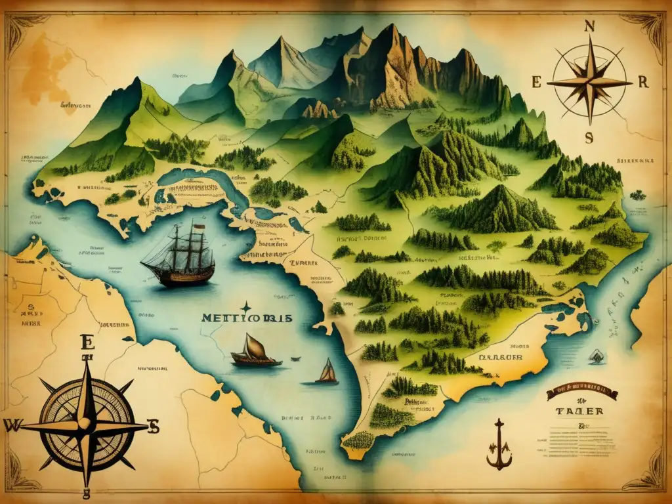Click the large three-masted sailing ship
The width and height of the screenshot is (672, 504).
(x=178, y=257)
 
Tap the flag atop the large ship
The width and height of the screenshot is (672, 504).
(x=193, y=223)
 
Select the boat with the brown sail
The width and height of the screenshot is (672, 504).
(x=255, y=350)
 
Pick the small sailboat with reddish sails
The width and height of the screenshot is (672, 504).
(x=327, y=372)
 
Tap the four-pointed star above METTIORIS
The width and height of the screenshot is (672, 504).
(x=246, y=306)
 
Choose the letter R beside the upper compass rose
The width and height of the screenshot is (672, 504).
(x=643, y=82)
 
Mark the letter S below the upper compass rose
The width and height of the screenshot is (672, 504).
(x=589, y=137)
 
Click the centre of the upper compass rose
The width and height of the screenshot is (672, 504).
(x=589, y=83)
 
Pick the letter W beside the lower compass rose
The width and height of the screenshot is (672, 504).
(x=12, y=425)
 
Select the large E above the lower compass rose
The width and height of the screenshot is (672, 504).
(x=86, y=342)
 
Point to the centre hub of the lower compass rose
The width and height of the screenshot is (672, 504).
(x=86, y=425)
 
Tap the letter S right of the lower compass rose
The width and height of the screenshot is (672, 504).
(x=154, y=427)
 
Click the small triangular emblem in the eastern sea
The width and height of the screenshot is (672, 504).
(x=597, y=357)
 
